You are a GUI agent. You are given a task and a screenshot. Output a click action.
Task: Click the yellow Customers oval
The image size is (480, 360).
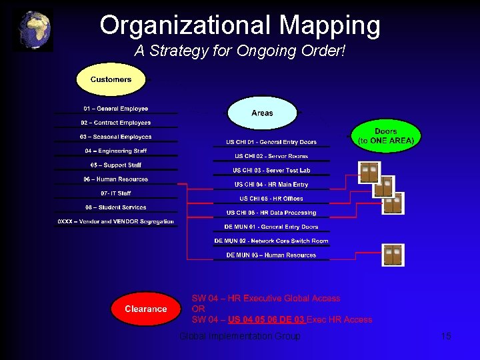tap(111, 80)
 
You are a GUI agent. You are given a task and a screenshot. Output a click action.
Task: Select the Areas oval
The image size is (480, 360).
tap(262, 113)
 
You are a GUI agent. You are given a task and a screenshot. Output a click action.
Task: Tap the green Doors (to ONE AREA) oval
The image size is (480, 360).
tap(385, 136)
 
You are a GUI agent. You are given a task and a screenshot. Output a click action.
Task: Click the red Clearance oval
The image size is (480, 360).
tap(146, 309)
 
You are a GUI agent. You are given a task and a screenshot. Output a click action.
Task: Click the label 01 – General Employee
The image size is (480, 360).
tap(116, 109)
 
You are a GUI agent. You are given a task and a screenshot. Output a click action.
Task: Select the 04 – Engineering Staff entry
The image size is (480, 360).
tap(116, 151)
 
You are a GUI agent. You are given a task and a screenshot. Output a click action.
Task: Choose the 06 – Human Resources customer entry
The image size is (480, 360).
tap(116, 179)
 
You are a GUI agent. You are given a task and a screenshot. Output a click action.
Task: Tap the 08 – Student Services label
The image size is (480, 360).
tap(116, 207)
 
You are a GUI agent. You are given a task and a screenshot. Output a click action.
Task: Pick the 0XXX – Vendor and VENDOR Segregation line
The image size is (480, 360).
tap(116, 221)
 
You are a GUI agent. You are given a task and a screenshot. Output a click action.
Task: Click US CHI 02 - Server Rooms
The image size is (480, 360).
tap(271, 156)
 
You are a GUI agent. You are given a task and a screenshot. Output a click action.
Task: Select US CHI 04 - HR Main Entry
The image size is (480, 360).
tap(271, 185)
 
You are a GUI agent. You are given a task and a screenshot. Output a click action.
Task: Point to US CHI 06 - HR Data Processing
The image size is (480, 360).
tap(271, 213)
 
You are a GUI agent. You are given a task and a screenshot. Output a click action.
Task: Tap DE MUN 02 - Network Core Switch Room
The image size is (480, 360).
tap(271, 241)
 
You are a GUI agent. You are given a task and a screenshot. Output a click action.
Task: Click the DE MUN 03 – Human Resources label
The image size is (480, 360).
tap(271, 255)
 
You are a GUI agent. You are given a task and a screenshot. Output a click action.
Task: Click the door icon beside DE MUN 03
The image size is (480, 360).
tap(393, 255)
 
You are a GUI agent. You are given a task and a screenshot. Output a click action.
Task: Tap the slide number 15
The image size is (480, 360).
tap(446, 337)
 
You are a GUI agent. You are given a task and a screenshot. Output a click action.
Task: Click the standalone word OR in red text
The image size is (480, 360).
tap(198, 309)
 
